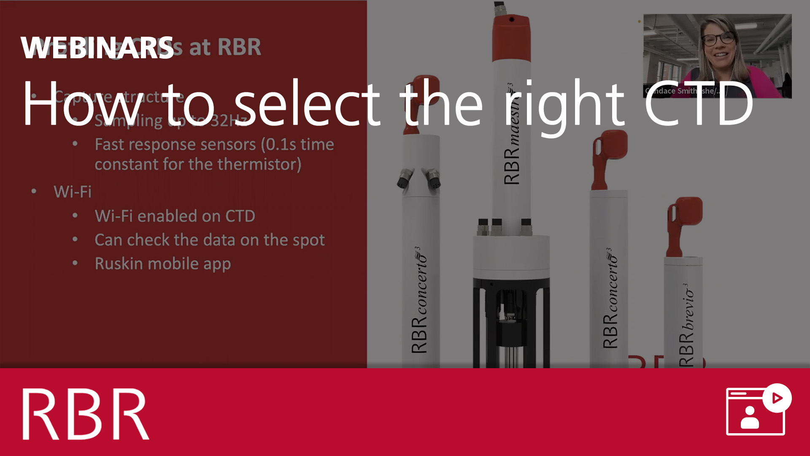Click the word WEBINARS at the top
click(x=97, y=48)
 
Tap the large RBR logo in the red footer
click(x=86, y=414)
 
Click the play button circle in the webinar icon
click(x=777, y=398)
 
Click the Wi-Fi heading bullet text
click(x=73, y=192)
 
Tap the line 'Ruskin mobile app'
click(x=162, y=263)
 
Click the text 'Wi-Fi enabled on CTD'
click(x=175, y=216)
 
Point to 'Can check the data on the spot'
click(x=209, y=240)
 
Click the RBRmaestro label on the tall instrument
click(x=512, y=135)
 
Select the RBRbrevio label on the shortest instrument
click(x=687, y=325)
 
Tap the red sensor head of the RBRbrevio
click(x=685, y=220)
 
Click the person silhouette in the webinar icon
click(x=750, y=418)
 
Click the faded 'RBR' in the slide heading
click(x=239, y=47)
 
